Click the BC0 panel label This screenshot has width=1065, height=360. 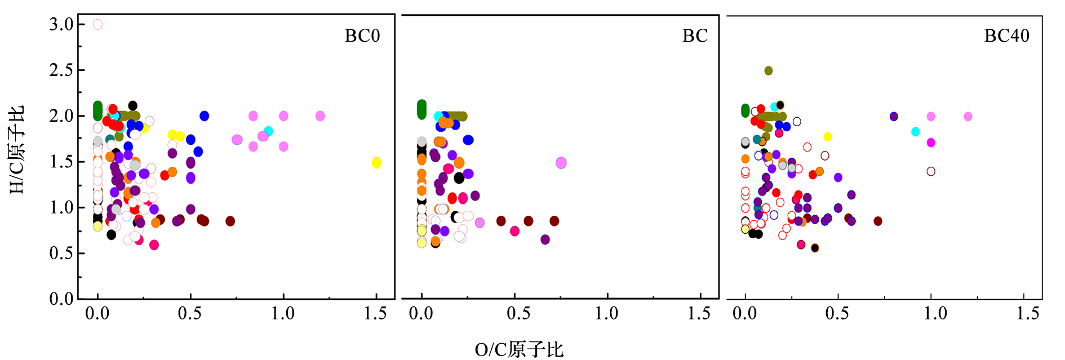tap(362, 36)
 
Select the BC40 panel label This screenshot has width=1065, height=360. tap(1006, 36)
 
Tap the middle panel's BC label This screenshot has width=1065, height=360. tap(695, 36)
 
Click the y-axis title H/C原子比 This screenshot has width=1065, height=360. tap(17, 150)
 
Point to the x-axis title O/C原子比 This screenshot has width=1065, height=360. tap(519, 350)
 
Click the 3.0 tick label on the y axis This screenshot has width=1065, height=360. tap(61, 24)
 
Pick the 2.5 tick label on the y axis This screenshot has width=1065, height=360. tap(61, 70)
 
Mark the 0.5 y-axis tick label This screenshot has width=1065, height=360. tap(61, 253)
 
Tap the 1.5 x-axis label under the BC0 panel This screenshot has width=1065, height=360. tap(375, 314)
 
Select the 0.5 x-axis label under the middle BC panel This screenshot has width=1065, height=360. tap(518, 314)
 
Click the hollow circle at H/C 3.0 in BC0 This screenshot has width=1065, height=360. tap(97, 24)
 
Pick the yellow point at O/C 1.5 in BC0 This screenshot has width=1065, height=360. tap(376, 163)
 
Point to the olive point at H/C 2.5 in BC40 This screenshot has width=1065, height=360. tap(768, 70)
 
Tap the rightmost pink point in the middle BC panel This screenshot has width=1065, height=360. tap(561, 163)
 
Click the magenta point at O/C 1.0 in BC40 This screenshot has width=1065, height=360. tap(931, 143)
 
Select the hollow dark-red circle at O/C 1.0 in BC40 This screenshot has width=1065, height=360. tap(931, 171)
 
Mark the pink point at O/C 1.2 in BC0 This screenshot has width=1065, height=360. tap(320, 115)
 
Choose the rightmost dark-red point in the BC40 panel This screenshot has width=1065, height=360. tap(877, 221)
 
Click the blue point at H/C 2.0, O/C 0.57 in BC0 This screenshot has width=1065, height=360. tap(204, 115)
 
